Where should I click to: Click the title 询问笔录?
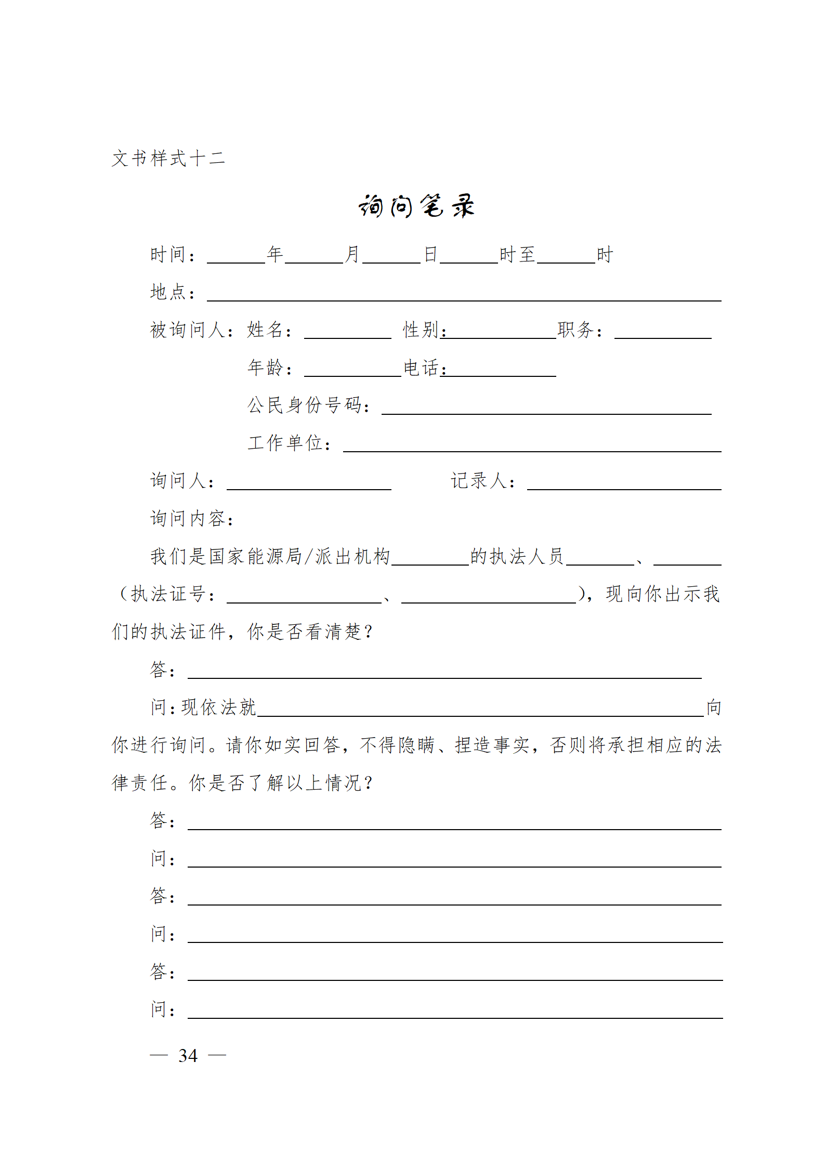click(416, 206)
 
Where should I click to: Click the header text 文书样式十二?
click(168, 158)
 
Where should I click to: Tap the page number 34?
click(188, 1056)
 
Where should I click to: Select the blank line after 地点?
click(464, 295)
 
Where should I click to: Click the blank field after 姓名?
click(347, 333)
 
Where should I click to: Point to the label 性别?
click(421, 330)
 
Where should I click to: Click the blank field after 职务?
click(662, 333)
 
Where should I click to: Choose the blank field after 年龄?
click(352, 370)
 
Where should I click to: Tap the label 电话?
click(421, 368)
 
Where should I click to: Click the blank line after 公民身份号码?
click(546, 408)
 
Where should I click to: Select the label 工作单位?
click(289, 443)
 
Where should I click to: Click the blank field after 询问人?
click(309, 483)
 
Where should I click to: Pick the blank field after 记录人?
click(624, 483)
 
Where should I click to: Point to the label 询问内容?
click(192, 518)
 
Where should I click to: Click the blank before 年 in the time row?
click(236, 257)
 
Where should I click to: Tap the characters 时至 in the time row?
click(517, 255)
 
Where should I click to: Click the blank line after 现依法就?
click(480, 710)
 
